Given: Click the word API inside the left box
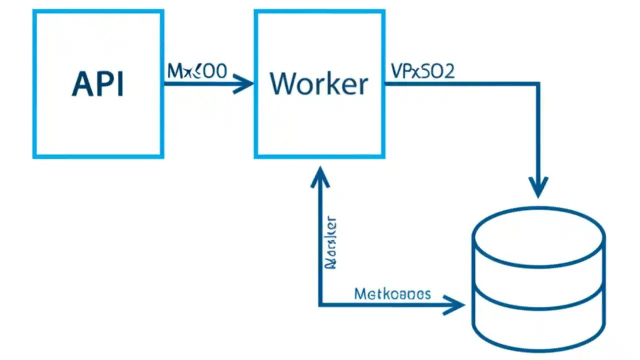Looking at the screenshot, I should pos(98,84).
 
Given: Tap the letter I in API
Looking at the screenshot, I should pos(119,84).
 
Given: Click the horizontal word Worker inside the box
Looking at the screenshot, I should pos(319,83).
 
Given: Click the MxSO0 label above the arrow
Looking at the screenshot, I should pos(197,72).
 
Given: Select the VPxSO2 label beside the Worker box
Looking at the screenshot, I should pos(422,72).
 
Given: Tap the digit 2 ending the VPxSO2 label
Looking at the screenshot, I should pos(448,72).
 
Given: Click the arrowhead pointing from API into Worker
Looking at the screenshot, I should pos(245,83).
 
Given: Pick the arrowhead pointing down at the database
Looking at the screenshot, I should pos(538,188).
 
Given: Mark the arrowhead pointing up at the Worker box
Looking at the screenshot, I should pos(319,176).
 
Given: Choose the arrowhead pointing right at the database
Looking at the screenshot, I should pos(456,305).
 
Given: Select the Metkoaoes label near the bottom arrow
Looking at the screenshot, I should pos(392,293).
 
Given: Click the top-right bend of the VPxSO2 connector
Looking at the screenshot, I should pos(538,83).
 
